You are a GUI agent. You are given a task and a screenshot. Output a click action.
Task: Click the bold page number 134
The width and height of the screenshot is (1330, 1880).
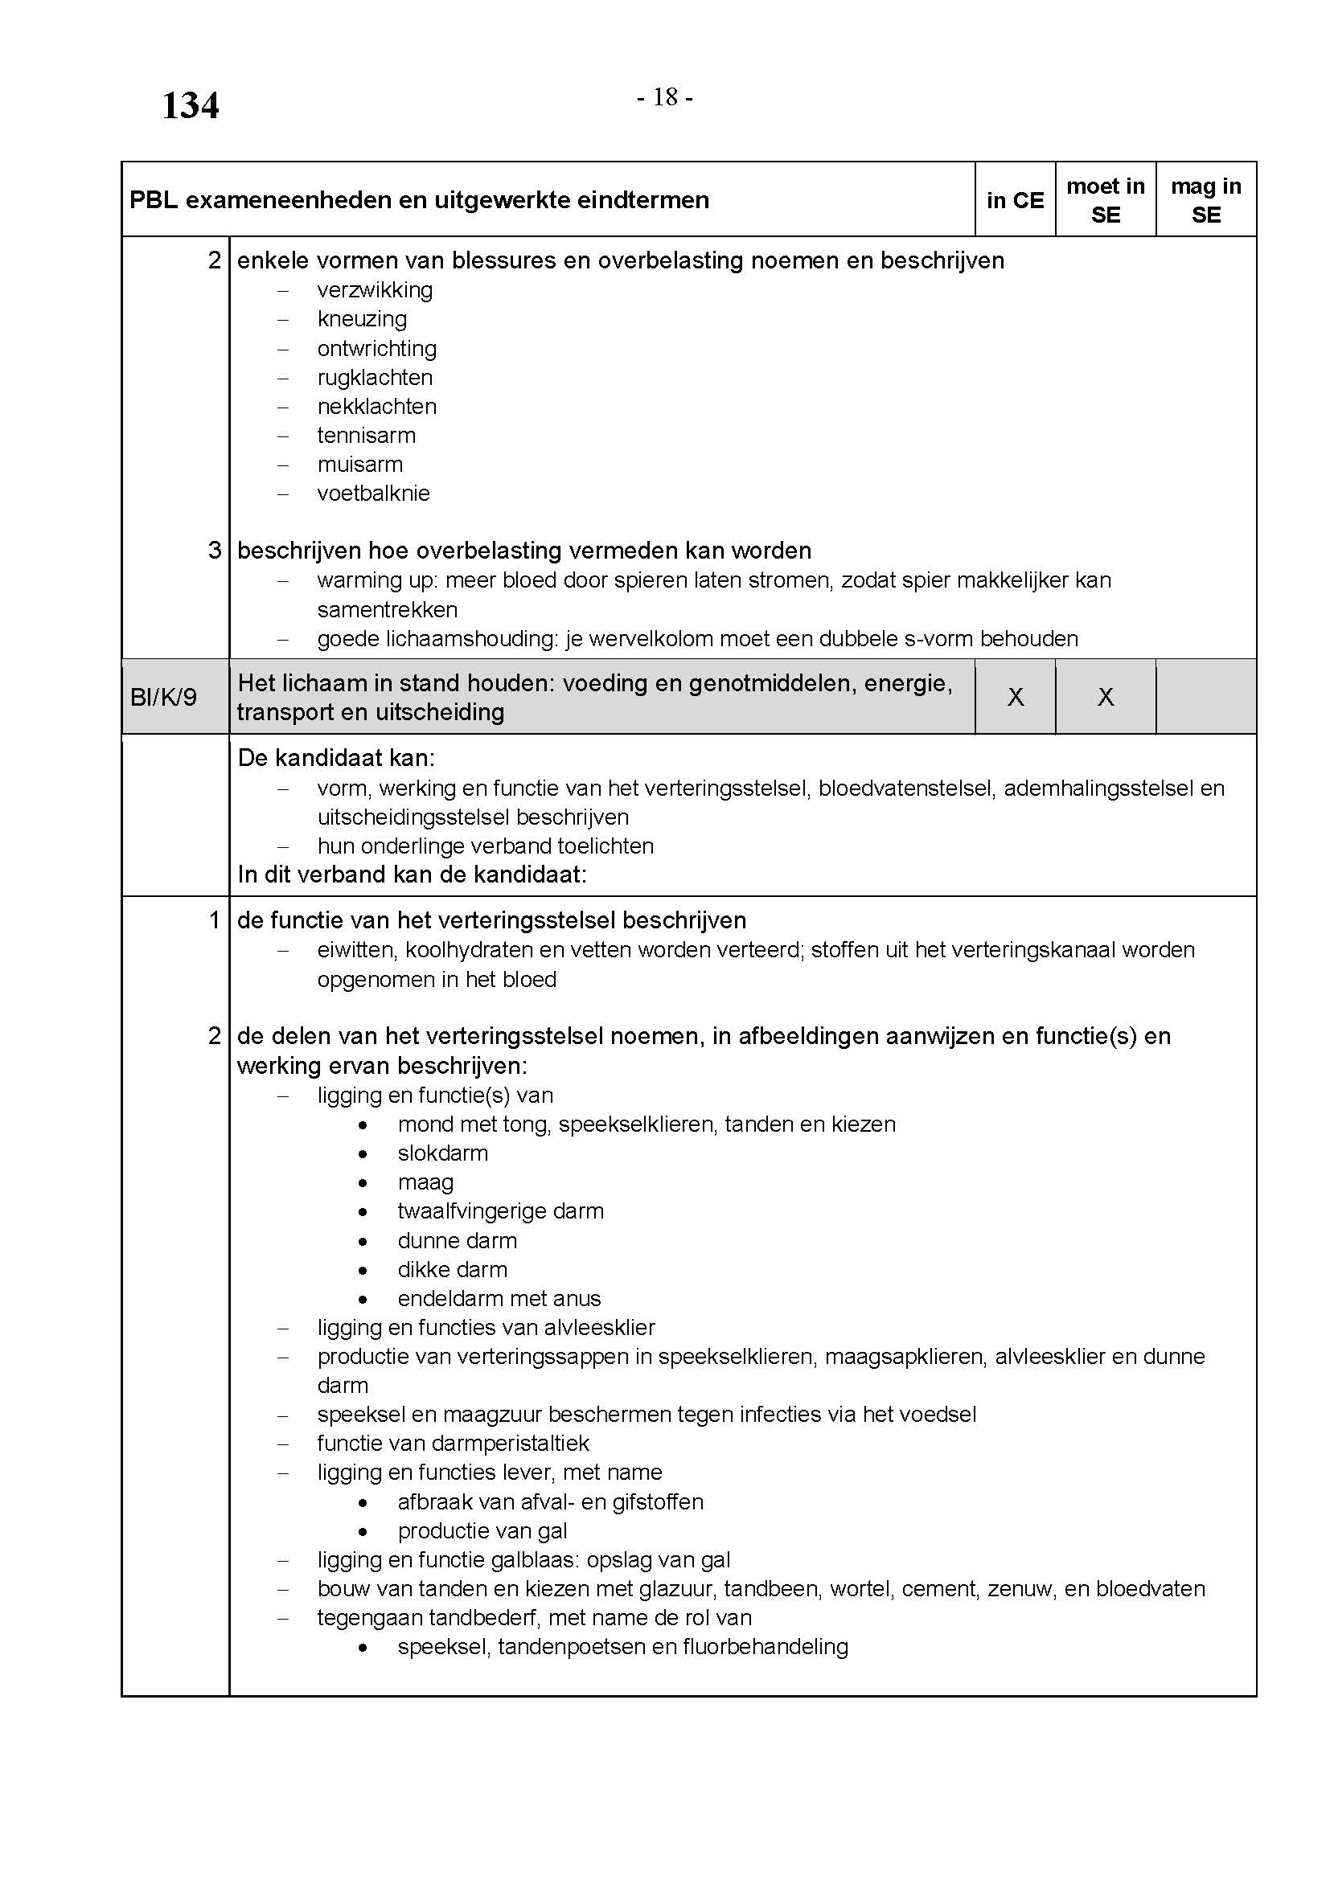pos(190,106)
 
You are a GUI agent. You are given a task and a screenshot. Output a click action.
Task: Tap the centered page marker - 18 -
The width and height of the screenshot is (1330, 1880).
pos(665,98)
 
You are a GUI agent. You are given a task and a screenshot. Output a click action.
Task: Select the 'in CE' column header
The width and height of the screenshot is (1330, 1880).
pos(1015,201)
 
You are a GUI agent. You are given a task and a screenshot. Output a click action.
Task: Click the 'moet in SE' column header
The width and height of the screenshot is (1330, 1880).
pos(1105,201)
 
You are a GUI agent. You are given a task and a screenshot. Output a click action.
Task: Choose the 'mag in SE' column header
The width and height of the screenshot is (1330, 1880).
pos(1205,201)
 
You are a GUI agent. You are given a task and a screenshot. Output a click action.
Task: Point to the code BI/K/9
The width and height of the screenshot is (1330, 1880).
pos(164,698)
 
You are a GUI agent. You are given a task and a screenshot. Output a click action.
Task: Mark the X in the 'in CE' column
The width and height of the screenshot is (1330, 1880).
pos(1015,698)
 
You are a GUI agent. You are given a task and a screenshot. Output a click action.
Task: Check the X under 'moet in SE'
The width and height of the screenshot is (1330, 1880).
pos(1105,698)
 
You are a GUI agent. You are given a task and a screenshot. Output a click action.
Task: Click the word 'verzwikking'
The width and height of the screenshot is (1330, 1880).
pos(375,291)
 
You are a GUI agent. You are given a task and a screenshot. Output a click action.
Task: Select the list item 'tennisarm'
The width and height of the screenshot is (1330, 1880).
pos(366,436)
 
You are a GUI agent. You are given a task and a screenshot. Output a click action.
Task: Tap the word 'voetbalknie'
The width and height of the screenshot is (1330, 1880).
pos(373,494)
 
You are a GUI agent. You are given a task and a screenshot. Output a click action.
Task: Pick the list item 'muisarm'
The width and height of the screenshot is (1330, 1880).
pos(360,465)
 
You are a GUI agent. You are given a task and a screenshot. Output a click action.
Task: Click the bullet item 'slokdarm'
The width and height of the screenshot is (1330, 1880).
pos(443,1153)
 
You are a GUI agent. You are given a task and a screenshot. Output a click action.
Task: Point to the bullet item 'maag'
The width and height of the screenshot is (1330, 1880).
pos(426,1183)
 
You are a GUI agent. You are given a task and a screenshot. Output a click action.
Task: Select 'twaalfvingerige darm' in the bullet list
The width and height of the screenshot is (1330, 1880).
pos(500,1212)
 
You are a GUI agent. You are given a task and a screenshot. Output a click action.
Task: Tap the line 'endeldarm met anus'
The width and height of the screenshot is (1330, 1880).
pos(499,1299)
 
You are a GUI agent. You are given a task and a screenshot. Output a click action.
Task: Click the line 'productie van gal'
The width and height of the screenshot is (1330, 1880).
pos(482,1531)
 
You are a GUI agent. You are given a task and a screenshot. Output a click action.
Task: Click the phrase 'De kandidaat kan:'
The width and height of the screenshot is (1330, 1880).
pos(336,758)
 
